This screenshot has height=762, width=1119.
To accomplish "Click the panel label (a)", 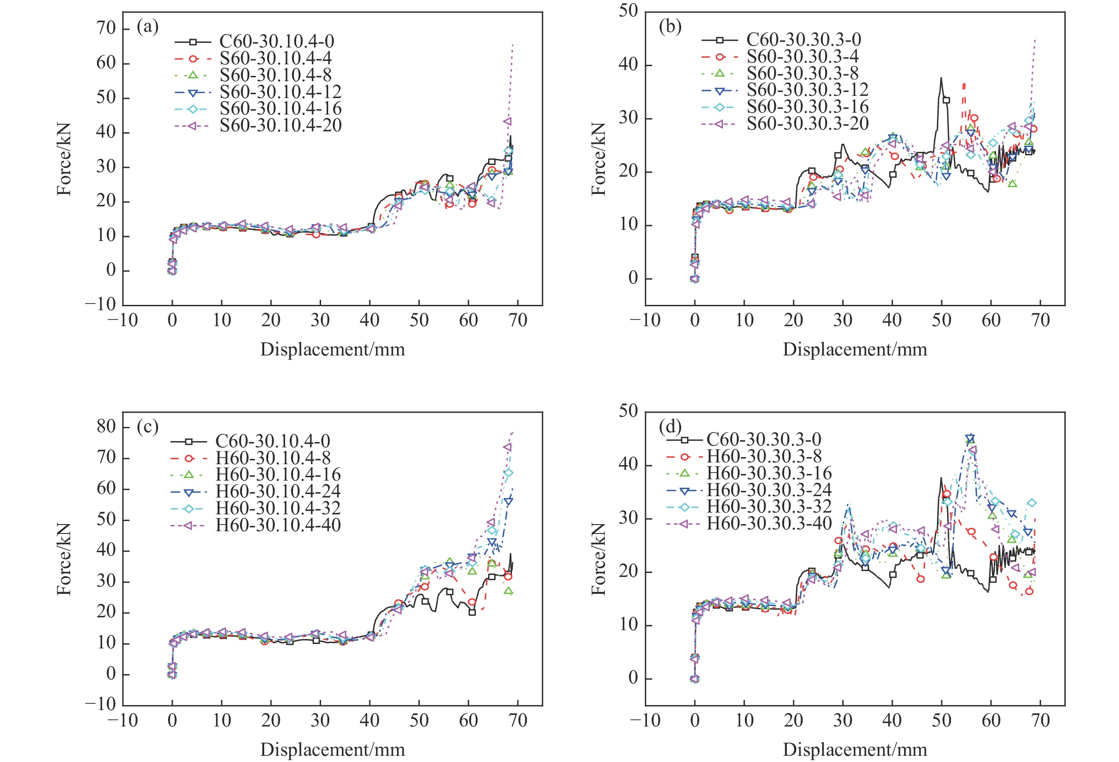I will coord(147,27).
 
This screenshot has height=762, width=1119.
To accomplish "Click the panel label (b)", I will coord(670,27).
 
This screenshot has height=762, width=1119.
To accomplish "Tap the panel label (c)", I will coord(147,426).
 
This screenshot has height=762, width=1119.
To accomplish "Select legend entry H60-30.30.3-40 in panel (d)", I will coord(769,523).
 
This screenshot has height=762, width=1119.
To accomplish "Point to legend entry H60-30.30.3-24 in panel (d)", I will coord(769,490).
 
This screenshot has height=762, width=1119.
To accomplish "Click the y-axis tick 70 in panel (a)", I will coord(107,28).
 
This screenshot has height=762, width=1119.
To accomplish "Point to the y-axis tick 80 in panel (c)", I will coord(107,427).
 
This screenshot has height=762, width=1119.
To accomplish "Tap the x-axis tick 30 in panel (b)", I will coord(843,320).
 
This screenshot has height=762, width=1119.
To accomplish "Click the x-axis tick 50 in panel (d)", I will coord(941,721).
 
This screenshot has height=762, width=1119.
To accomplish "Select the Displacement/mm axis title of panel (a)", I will coord(332,349).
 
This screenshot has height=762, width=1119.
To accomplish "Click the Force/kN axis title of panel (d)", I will coord(599,559).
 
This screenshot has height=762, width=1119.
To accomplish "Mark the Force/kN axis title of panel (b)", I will coord(599,159).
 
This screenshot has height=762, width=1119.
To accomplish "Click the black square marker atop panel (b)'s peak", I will coord(946,100).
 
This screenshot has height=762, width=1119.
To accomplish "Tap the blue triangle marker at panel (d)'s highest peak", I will coord(970,438).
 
